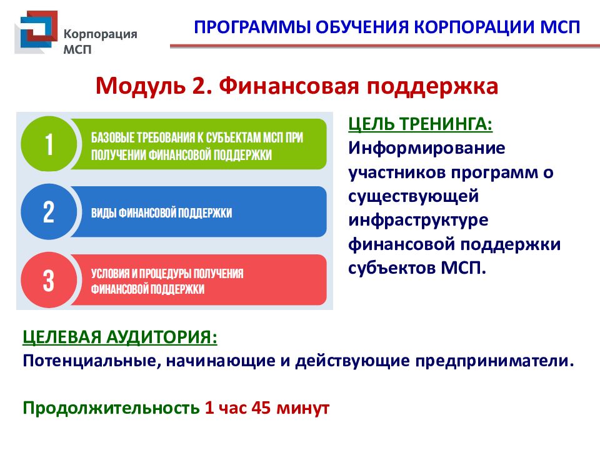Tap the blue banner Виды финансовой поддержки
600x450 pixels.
pyautogui.click(x=200, y=212)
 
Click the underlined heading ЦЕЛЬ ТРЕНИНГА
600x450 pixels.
pyautogui.click(x=420, y=124)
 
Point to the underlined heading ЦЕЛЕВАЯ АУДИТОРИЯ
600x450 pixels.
pyautogui.click(x=120, y=337)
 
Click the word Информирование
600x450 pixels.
pyautogui.click(x=426, y=149)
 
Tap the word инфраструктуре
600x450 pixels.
pyautogui.click(x=419, y=221)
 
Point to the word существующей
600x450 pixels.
pyautogui.click(x=413, y=197)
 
